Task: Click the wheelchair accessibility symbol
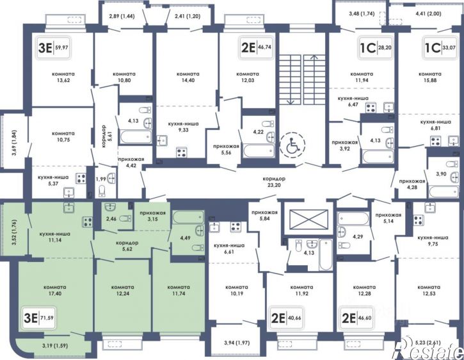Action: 292,144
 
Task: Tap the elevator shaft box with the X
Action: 308,220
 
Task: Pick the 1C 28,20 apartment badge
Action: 375,47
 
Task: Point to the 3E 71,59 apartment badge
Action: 39,318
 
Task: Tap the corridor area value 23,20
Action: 274,185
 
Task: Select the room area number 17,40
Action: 55,293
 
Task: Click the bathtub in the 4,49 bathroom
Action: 188,217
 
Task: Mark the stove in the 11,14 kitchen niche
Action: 87,222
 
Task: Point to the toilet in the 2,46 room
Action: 126,218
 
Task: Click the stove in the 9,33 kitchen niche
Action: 181,153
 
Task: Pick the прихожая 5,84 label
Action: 264,215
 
